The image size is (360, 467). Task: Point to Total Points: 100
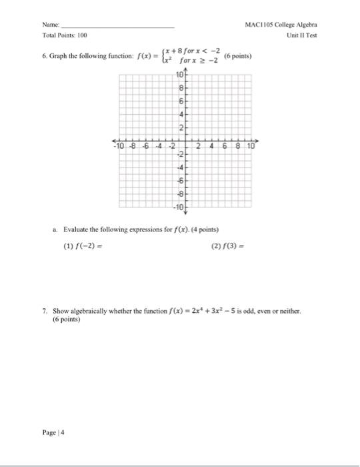[x=65, y=35]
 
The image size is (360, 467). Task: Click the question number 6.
[x=43, y=57]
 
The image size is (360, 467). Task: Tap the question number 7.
[x=43, y=311]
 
